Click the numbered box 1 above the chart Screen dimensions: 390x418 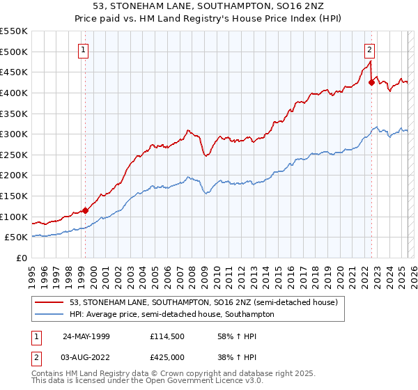click(x=84, y=49)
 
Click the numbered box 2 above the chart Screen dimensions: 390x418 click(x=369, y=49)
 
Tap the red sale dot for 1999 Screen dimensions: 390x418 click(x=85, y=210)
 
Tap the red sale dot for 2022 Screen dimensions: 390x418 click(x=371, y=83)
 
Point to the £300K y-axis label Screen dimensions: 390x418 click(x=14, y=134)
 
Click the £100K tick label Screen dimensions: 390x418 click(x=14, y=217)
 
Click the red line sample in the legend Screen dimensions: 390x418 click(x=49, y=302)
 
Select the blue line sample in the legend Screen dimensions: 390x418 click(x=49, y=314)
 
